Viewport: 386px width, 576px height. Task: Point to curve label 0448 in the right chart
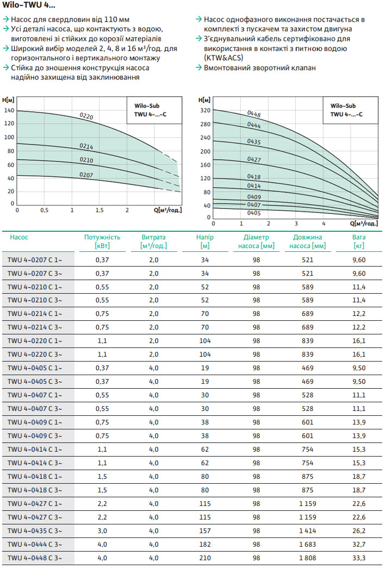point(254,114)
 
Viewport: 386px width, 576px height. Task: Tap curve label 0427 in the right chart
point(254,160)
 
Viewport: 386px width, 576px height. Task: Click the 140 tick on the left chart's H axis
point(9,110)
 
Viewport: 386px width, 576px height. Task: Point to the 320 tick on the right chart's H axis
point(204,110)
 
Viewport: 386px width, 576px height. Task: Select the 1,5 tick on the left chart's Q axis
point(99,210)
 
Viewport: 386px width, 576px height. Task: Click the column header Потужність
point(102,237)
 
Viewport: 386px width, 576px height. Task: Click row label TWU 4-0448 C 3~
point(35,558)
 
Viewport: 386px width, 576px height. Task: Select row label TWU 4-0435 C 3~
point(35,530)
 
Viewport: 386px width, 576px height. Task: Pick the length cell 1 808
point(308,558)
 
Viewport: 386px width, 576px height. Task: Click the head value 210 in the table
point(205,558)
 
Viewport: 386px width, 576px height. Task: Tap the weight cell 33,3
point(358,558)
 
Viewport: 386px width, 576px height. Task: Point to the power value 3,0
point(102,530)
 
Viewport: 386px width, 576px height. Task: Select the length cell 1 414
point(308,530)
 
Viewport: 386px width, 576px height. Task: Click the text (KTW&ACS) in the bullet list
point(223,58)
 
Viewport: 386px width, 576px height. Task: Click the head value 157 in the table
point(205,530)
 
